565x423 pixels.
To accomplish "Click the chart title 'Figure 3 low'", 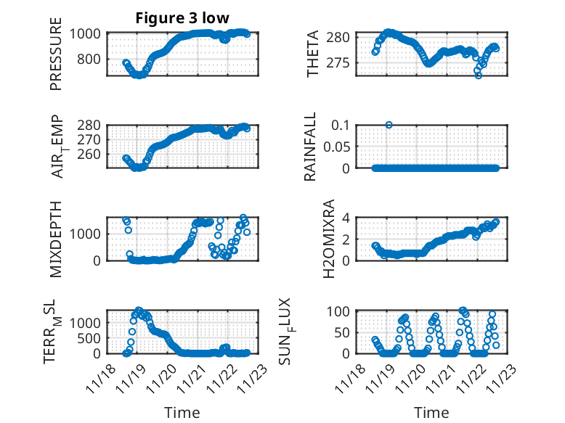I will click(x=182, y=20).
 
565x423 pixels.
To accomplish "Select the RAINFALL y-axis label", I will click(x=310, y=147).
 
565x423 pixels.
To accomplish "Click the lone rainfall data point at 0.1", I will click(x=389, y=125).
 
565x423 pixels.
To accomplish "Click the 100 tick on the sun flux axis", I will click(x=343, y=312).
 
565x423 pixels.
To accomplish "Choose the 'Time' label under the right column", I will click(x=431, y=413).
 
